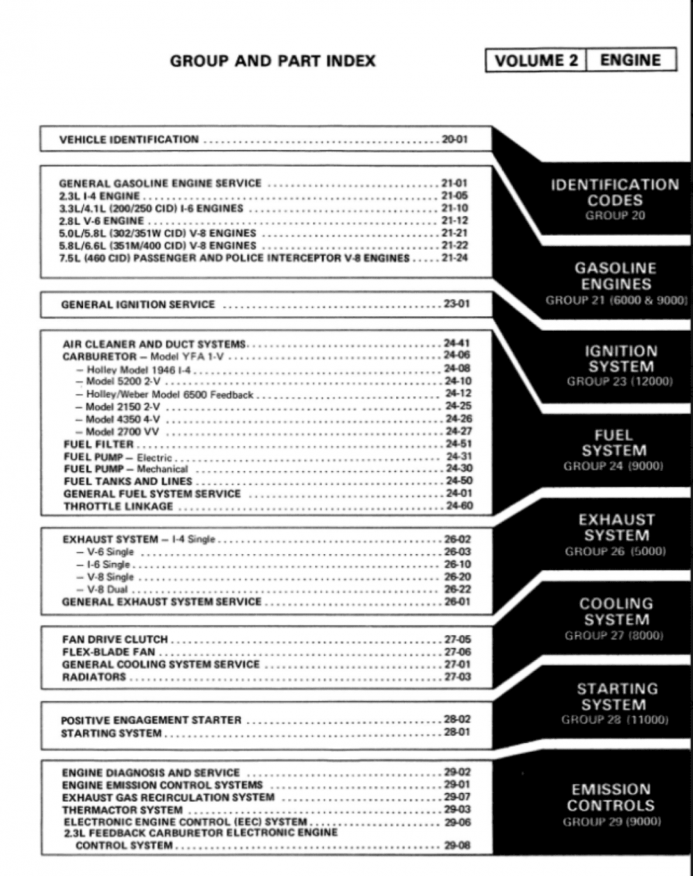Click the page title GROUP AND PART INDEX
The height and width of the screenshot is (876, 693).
[x=273, y=61]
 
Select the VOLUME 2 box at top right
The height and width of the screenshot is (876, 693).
[x=536, y=61]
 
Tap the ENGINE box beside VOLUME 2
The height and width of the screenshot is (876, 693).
[x=630, y=61]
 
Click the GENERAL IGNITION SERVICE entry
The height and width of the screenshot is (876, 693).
[x=138, y=304]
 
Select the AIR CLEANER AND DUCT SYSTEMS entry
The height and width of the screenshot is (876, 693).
[x=155, y=344]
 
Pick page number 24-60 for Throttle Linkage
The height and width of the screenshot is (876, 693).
[x=459, y=506]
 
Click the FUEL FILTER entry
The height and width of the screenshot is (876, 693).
[x=98, y=444]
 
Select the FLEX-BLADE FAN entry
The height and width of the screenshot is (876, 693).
[x=109, y=652]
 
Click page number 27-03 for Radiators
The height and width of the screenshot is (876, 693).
[x=457, y=677]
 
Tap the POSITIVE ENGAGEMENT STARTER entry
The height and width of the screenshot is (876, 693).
[x=151, y=721]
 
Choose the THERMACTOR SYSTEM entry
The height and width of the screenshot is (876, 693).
[x=122, y=810]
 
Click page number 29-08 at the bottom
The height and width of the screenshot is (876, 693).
[x=457, y=846]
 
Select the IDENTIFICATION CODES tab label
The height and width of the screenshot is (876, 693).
[x=614, y=193]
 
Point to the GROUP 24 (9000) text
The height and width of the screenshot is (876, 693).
[x=613, y=466]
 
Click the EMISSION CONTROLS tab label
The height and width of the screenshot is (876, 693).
[x=611, y=797]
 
